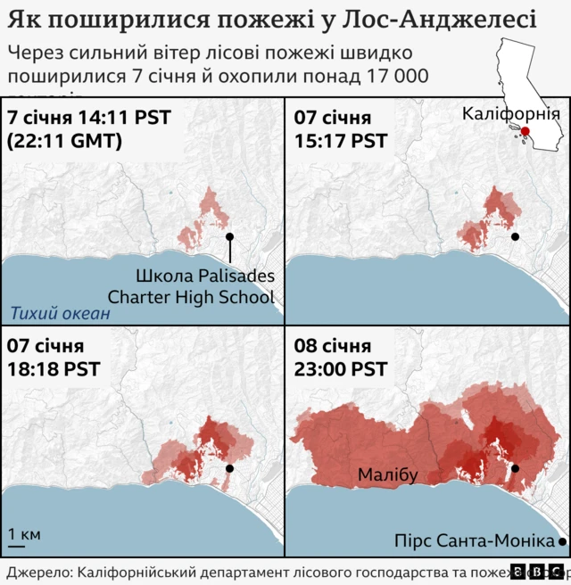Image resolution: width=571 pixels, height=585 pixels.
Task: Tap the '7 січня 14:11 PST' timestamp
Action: tap(88, 117)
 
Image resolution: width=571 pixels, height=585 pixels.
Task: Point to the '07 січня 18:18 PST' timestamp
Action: tap(54, 357)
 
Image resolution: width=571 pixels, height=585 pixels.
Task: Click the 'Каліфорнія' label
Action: tap(510, 114)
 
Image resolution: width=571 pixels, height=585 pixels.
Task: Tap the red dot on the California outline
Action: tap(525, 131)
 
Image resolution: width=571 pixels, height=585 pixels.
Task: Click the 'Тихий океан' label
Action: tap(61, 313)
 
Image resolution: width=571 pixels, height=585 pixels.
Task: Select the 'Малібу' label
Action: tap(388, 475)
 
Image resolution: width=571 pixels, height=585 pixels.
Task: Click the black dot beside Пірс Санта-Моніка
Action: tap(562, 541)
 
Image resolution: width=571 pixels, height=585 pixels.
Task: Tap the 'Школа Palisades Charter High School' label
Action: tap(191, 285)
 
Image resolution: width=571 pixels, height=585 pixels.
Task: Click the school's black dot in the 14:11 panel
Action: tap(230, 237)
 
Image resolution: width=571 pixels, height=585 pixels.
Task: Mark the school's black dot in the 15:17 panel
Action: tap(515, 237)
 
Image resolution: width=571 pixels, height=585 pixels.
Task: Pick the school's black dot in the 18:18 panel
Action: tap(230, 468)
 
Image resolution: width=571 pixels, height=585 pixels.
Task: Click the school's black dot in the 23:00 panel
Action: tap(515, 468)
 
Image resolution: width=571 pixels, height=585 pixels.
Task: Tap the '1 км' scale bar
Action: tap(24, 536)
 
